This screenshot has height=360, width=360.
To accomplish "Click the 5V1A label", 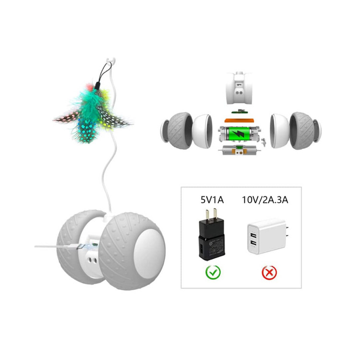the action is (212, 200).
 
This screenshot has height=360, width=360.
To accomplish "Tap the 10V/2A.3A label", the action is (265, 200).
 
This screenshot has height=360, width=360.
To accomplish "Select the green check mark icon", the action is (213, 272).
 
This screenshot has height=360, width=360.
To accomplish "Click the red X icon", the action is (269, 273).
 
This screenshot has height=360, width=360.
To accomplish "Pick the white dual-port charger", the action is (268, 237).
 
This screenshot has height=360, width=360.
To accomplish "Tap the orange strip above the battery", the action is (240, 120).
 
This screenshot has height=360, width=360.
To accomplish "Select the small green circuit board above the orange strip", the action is (239, 111).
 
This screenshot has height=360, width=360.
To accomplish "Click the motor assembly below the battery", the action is (240, 151).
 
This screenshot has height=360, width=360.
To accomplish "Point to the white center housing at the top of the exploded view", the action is (239, 88).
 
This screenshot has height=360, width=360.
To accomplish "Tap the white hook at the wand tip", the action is (111, 62).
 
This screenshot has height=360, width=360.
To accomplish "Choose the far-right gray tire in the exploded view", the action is (302, 131).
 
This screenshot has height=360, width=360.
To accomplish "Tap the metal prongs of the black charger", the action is (211, 214).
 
